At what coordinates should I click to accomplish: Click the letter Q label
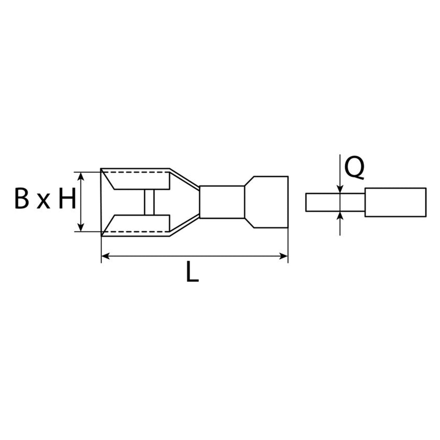(x=354, y=169)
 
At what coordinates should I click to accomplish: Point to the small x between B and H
(x=43, y=201)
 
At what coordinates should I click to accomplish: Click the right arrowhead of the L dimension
(x=283, y=256)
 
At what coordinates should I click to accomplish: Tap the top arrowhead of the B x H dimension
(x=80, y=176)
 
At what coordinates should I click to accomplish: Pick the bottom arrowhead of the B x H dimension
(x=80, y=227)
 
